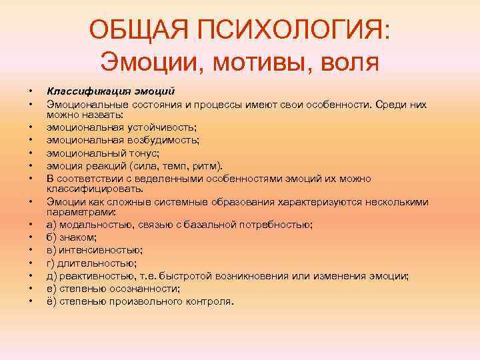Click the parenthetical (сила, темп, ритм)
pos(179,165)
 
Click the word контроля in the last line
pos(211,301)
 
